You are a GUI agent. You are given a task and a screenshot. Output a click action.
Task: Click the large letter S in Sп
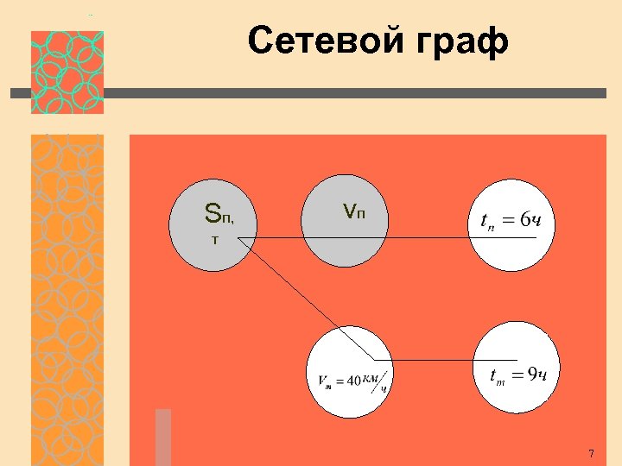point(213,211)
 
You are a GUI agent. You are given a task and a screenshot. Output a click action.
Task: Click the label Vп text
point(353,211)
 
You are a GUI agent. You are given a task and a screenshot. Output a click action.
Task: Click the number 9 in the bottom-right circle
point(533,373)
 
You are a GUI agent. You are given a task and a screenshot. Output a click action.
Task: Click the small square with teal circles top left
point(67,72)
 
